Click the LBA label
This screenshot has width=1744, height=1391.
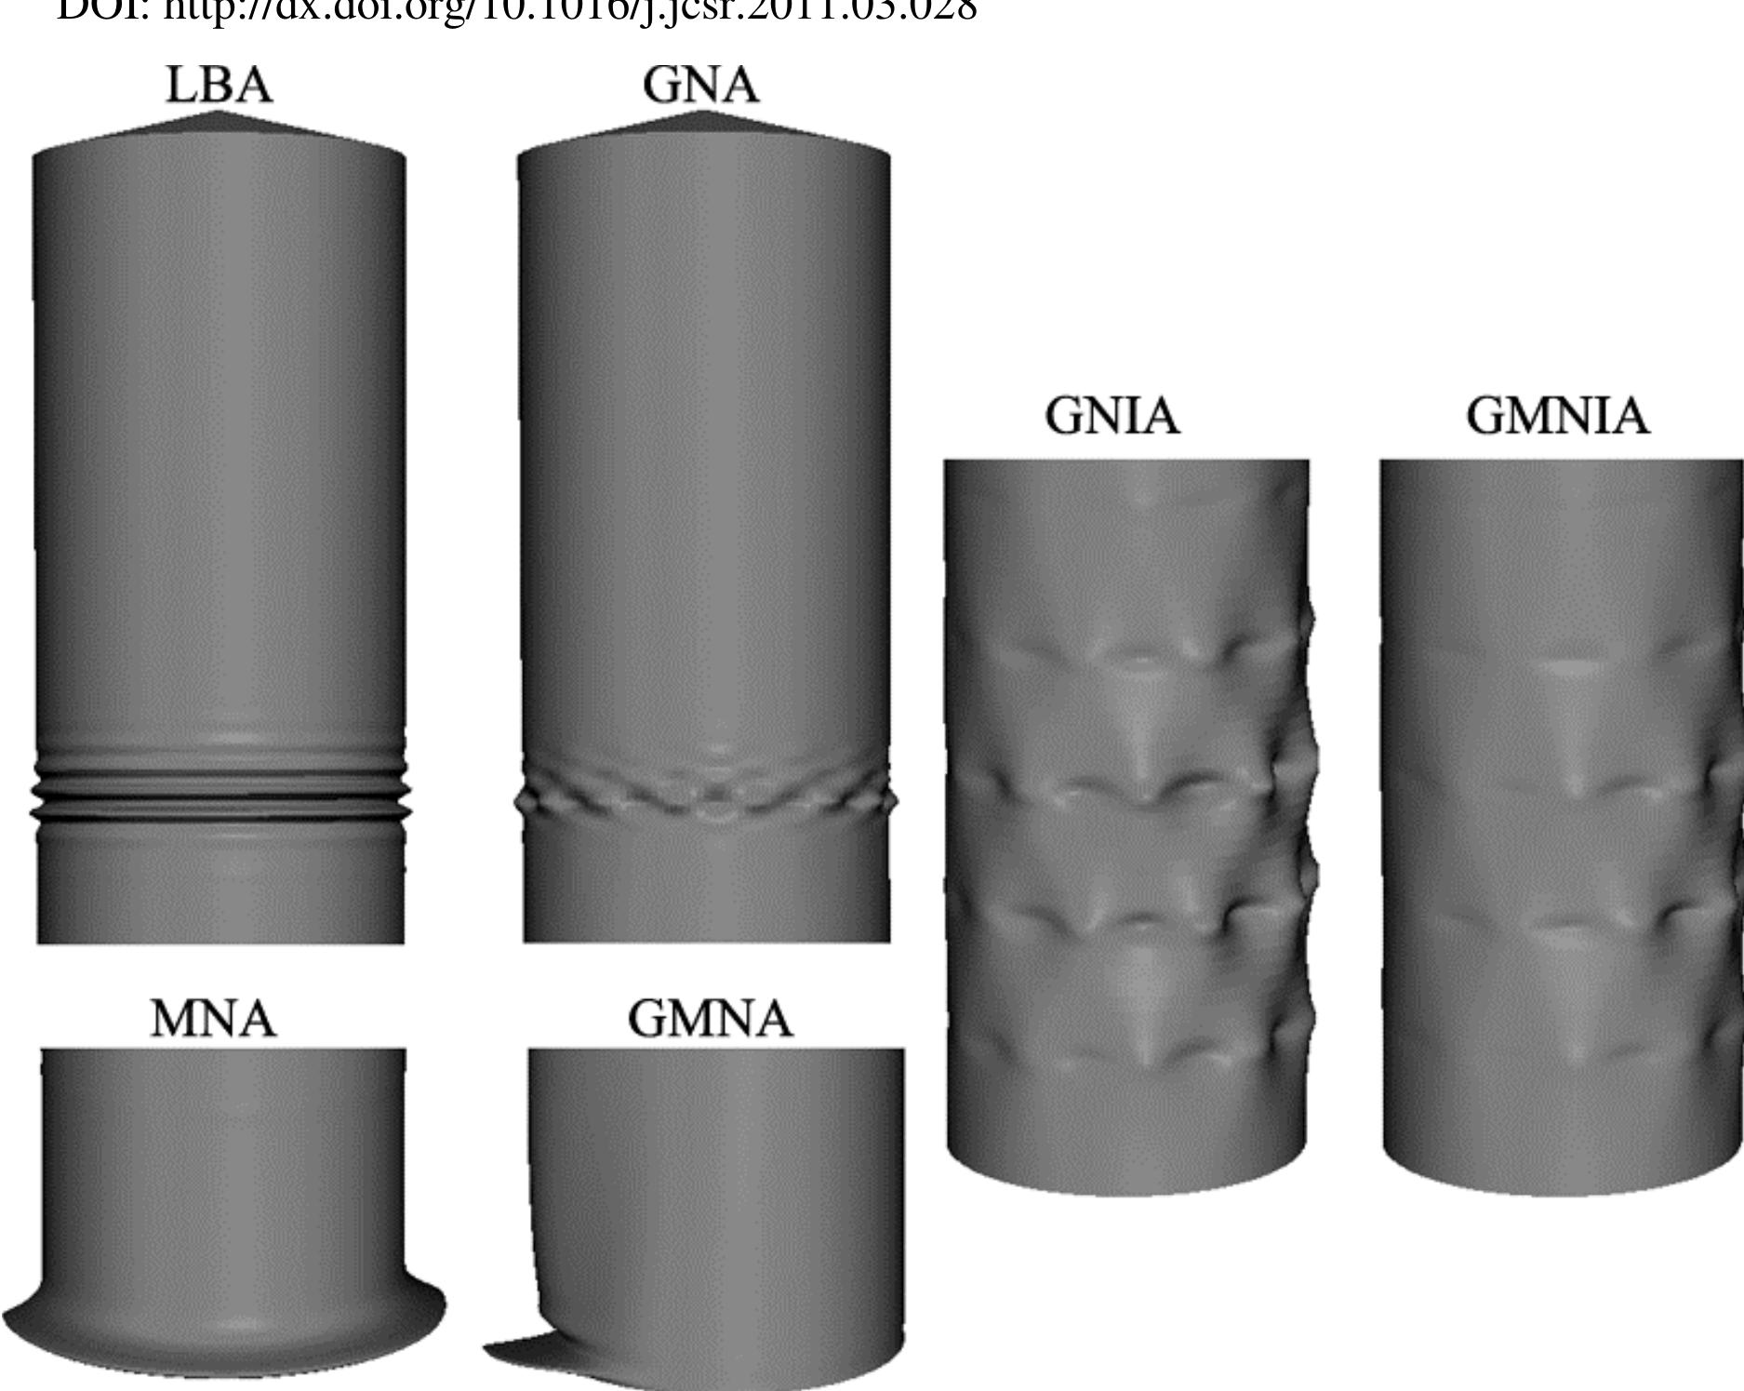click(220, 85)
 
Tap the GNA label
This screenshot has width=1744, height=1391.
click(700, 85)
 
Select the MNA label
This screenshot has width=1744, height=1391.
click(214, 1019)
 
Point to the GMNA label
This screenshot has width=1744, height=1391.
click(710, 1019)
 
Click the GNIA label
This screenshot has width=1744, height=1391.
click(1112, 416)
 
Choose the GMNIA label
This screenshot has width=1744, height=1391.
click(1558, 416)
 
